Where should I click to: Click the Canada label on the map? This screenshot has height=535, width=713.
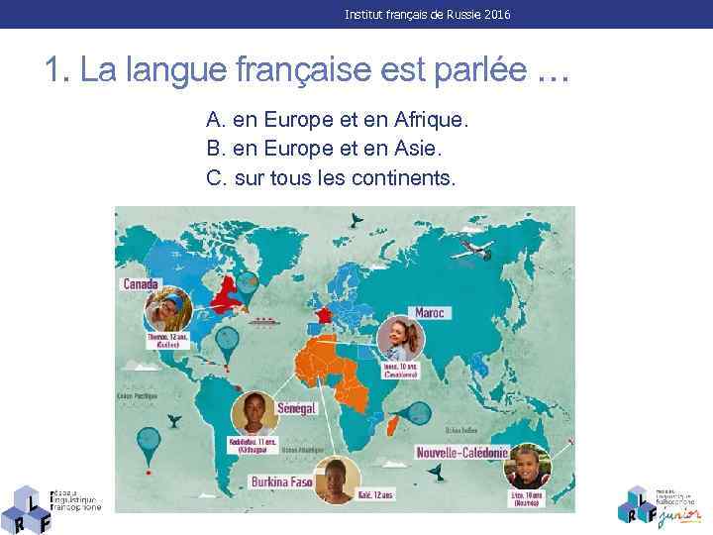point(141,283)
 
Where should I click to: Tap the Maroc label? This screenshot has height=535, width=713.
point(430,312)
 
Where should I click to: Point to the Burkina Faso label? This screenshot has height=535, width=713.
point(281,482)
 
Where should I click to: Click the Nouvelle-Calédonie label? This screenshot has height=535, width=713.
point(463,453)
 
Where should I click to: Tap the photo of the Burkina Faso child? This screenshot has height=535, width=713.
point(338,481)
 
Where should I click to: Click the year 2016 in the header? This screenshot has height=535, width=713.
point(498,15)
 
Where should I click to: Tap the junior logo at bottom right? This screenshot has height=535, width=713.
point(658,503)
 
